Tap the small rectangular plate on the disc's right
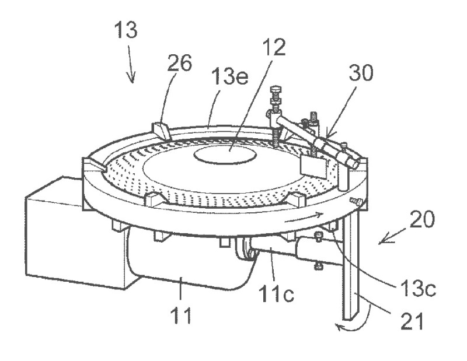pos(312,167)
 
